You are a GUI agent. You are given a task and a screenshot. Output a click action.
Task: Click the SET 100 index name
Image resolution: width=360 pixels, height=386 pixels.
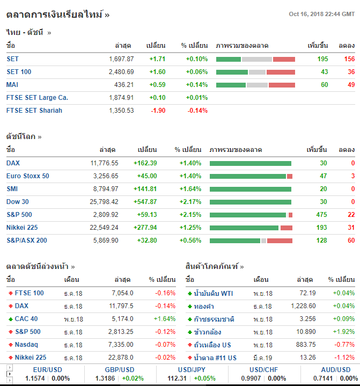pos(19,72)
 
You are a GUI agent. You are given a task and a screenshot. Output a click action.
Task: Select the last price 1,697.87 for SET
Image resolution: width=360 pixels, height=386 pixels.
pos(121,59)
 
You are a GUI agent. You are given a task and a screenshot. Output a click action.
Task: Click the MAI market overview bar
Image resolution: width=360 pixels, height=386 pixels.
pos(255,85)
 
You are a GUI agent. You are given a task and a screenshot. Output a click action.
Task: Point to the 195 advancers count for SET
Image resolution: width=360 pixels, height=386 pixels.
pos(322,59)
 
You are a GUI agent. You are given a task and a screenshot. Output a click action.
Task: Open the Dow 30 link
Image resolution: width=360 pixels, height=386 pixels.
pos(18,202)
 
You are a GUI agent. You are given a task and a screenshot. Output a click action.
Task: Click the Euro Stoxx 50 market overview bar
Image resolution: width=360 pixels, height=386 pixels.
pos(251,176)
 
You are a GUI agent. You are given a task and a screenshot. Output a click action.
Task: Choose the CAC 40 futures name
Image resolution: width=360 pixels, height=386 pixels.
pos(26,319)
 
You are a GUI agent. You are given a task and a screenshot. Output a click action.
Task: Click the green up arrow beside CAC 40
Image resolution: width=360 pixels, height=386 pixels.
pos(10,319)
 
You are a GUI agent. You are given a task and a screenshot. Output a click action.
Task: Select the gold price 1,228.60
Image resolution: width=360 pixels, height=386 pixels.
pos(303,306)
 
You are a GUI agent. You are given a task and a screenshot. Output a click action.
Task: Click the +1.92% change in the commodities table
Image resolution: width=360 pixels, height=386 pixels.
pos(343,332)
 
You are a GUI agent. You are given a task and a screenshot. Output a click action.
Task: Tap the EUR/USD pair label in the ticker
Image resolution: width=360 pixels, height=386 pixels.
pos(47,370)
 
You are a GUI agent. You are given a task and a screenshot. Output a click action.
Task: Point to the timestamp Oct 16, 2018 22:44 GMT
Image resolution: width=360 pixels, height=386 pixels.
pos(321,14)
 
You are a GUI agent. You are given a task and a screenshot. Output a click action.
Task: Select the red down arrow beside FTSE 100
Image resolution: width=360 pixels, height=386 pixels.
pos(10,293)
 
